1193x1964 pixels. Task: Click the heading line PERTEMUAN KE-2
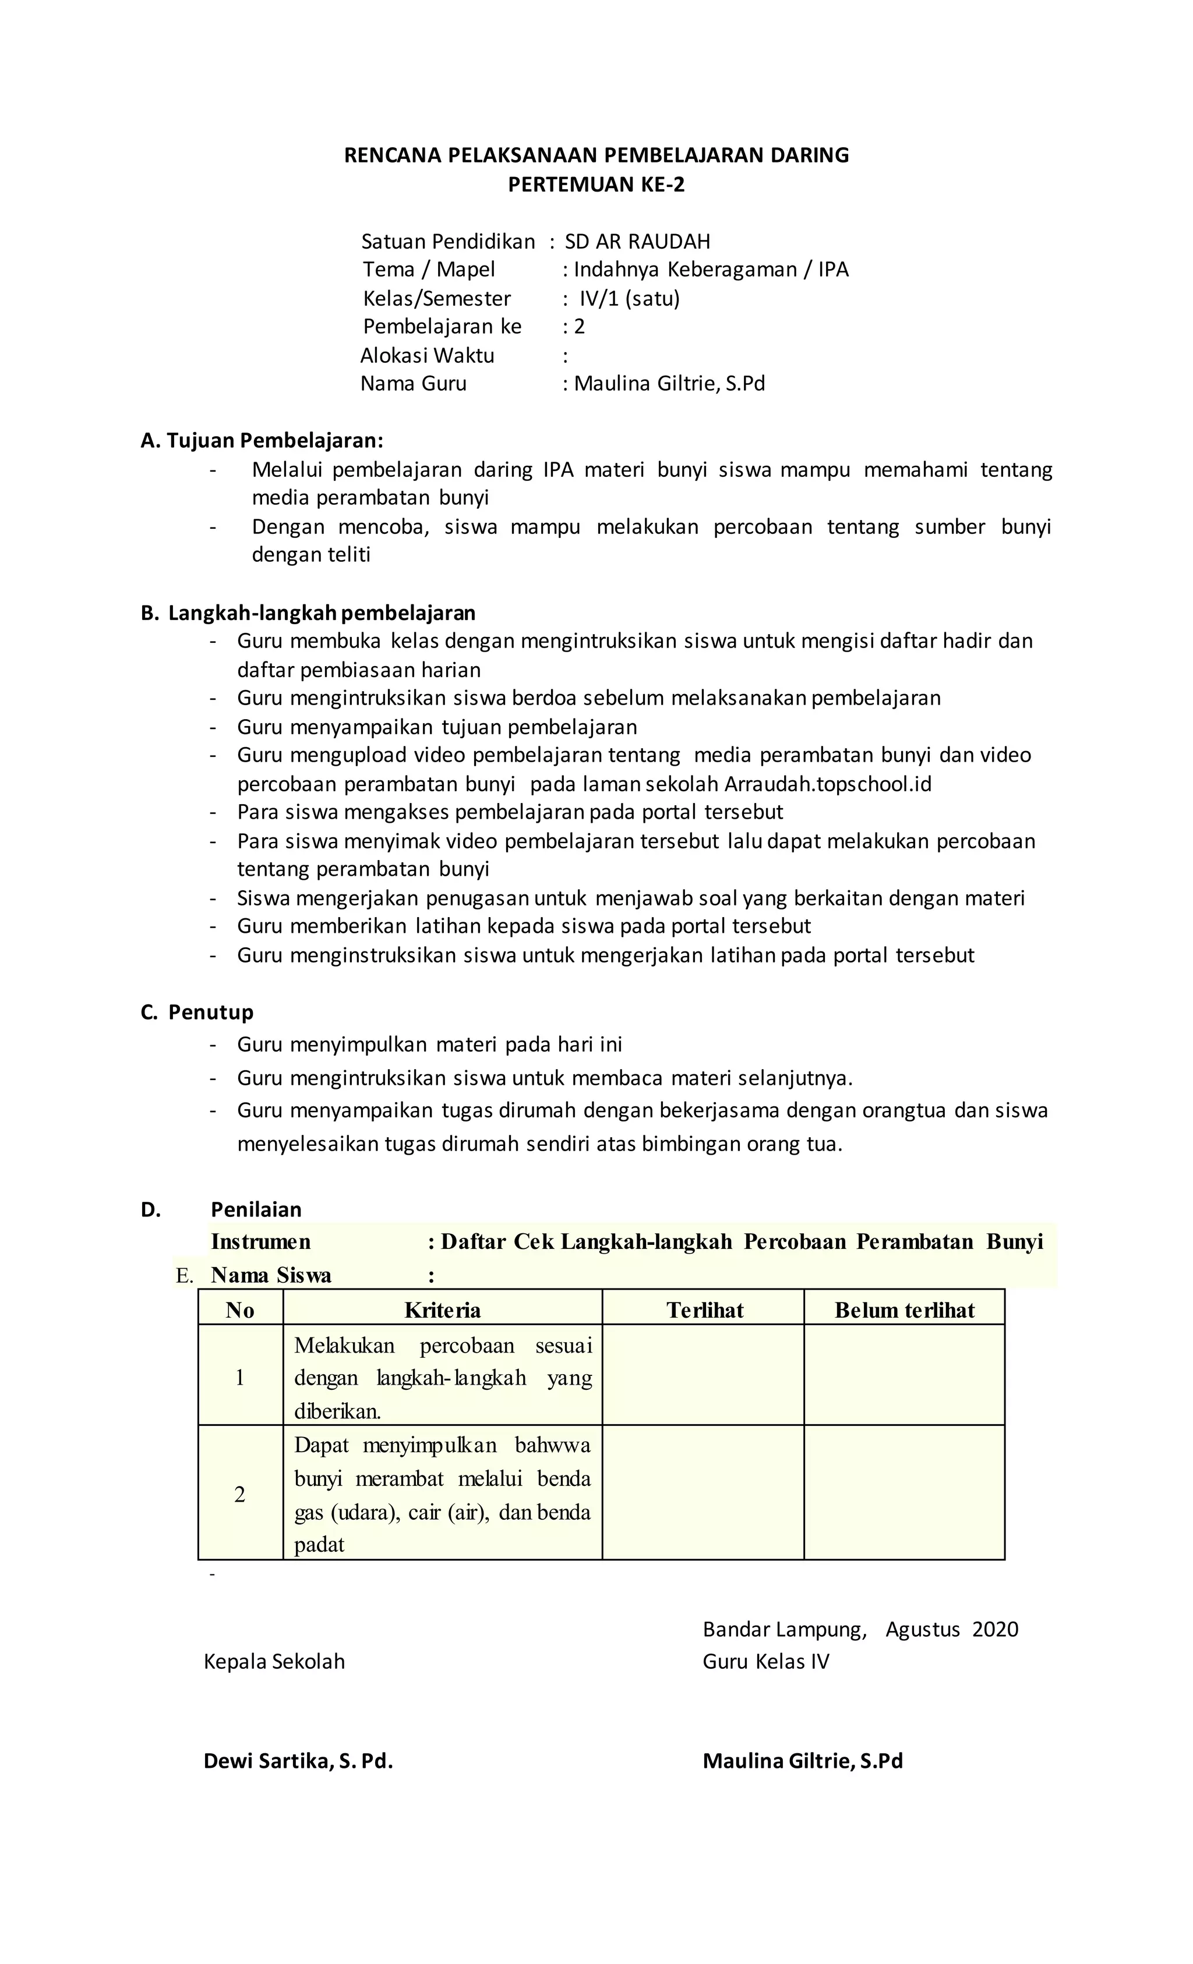coord(596,185)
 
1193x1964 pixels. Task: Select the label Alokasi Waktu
coord(428,356)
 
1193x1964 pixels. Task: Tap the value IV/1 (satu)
coord(629,299)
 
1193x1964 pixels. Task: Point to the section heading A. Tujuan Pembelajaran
coord(262,441)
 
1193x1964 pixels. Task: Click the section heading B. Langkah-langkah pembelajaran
coord(308,613)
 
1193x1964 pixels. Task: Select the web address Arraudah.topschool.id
coord(827,784)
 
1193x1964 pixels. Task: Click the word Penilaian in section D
coord(256,1210)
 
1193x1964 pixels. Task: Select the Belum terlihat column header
coord(903,1310)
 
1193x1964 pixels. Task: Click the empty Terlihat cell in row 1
coord(703,1377)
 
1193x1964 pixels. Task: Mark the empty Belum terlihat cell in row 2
coord(903,1495)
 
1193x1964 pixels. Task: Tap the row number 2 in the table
coord(239,1495)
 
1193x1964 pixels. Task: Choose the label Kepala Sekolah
coord(274,1662)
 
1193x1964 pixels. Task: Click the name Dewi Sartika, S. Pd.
coord(298,1761)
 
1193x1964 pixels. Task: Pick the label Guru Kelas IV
coord(765,1662)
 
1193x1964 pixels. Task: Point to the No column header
coord(239,1310)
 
